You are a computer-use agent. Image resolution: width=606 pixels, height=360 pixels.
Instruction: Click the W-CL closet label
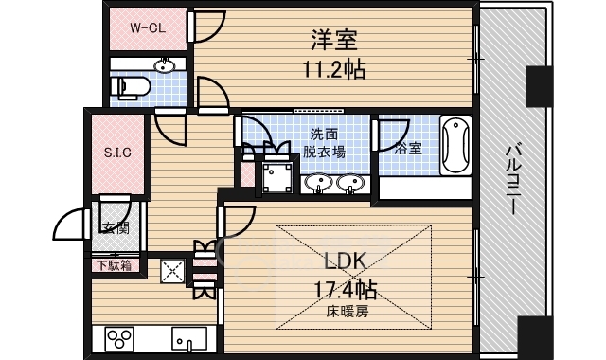(x=148, y=27)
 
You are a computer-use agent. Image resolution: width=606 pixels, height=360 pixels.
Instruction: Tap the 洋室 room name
(x=334, y=40)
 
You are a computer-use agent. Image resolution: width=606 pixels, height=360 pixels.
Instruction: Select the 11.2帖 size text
(x=334, y=70)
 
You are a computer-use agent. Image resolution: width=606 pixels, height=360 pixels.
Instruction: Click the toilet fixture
(x=130, y=87)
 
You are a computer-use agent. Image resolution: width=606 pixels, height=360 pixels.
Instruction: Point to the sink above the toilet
(x=165, y=66)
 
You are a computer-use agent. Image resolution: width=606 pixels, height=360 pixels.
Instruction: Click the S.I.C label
(x=117, y=153)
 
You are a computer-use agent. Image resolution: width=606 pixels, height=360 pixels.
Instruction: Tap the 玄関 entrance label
(x=115, y=228)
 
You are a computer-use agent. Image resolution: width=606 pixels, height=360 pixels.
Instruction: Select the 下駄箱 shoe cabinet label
(x=114, y=265)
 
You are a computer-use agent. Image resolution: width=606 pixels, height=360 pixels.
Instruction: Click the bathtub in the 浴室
(x=456, y=145)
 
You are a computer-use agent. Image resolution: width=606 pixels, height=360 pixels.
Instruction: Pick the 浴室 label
(x=408, y=149)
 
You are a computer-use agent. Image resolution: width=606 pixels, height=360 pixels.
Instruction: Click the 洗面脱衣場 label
(x=324, y=143)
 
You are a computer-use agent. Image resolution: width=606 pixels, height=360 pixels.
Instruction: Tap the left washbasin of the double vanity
(x=318, y=183)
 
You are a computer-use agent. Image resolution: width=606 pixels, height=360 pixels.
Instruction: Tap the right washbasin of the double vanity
(x=350, y=183)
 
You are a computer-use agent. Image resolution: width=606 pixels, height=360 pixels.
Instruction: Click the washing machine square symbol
(x=277, y=177)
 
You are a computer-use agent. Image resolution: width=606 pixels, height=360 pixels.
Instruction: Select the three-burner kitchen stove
(x=119, y=339)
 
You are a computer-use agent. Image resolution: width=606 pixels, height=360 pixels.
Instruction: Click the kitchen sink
(x=189, y=339)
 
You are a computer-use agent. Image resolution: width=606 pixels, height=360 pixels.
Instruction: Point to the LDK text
(x=345, y=261)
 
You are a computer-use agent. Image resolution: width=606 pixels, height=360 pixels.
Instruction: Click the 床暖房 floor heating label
(x=348, y=312)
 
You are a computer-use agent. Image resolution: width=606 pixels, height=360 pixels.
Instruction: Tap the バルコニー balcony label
(x=513, y=179)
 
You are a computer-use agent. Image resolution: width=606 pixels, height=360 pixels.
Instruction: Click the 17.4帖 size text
(x=345, y=290)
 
